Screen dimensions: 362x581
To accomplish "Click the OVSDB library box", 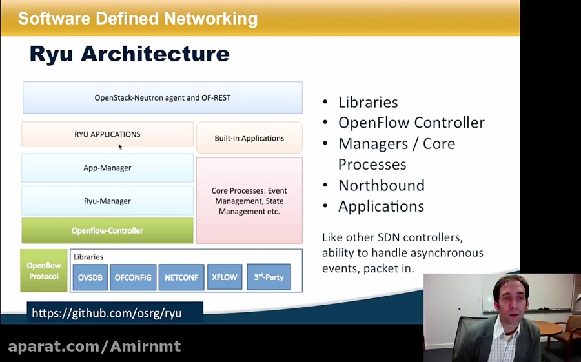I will tap(89, 277).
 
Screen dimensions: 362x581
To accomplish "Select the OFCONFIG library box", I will tap(133, 277).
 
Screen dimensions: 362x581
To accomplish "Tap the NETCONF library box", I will tap(181, 277).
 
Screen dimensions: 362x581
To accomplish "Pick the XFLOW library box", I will tap(225, 277).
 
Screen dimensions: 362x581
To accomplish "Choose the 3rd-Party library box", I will tap(269, 277).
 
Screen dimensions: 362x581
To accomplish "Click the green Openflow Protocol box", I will tap(43, 271).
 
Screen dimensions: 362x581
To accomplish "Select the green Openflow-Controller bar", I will tap(107, 230).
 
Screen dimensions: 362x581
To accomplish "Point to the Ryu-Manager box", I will tap(107, 201).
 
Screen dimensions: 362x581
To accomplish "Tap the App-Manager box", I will tap(107, 168).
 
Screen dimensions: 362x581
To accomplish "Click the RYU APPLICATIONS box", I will tap(107, 134).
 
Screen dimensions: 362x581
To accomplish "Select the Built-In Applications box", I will tap(249, 138).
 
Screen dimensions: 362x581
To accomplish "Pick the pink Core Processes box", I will tap(249, 201).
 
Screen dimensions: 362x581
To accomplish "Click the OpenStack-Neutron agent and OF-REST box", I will tap(163, 97).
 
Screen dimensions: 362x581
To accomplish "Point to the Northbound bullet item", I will tap(381, 186).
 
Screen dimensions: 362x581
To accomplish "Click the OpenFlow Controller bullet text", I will tap(411, 123).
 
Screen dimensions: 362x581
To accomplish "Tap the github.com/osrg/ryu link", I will tap(107, 314).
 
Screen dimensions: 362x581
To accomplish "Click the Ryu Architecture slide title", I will tap(129, 54).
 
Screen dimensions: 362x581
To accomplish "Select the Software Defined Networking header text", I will tap(138, 19).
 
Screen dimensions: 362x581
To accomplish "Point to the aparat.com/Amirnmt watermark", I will tap(94, 347).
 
